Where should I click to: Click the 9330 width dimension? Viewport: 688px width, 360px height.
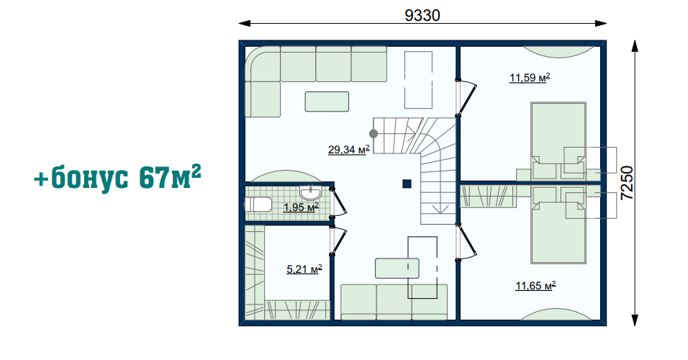pyautogui.click(x=422, y=15)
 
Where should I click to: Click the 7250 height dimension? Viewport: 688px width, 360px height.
pyautogui.click(x=628, y=183)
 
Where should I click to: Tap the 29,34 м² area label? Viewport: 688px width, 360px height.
pyautogui.click(x=349, y=150)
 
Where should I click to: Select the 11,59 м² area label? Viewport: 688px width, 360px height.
pyautogui.click(x=530, y=78)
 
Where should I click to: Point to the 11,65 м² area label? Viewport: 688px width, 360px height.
pyautogui.click(x=535, y=286)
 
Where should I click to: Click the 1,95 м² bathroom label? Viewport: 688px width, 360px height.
pyautogui.click(x=301, y=207)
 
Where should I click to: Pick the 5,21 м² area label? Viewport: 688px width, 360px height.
pyautogui.click(x=304, y=269)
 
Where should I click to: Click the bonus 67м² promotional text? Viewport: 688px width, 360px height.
pyautogui.click(x=117, y=177)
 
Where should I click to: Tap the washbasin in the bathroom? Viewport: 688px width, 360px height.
pyautogui.click(x=311, y=193)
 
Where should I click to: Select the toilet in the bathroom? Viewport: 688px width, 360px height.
pyautogui.click(x=258, y=204)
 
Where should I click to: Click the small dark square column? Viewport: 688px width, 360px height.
pyautogui.click(x=407, y=184)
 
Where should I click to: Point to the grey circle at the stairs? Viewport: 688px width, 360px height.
pyautogui.click(x=374, y=133)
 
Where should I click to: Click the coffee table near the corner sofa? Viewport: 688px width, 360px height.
pyautogui.click(x=327, y=102)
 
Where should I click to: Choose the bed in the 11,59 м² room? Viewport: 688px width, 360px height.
pyautogui.click(x=558, y=140)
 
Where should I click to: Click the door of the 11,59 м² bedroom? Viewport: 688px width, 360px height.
pyautogui.click(x=466, y=98)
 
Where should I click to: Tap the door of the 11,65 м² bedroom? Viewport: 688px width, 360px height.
pyautogui.click(x=466, y=243)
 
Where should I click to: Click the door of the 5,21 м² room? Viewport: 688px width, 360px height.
pyautogui.click(x=339, y=240)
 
